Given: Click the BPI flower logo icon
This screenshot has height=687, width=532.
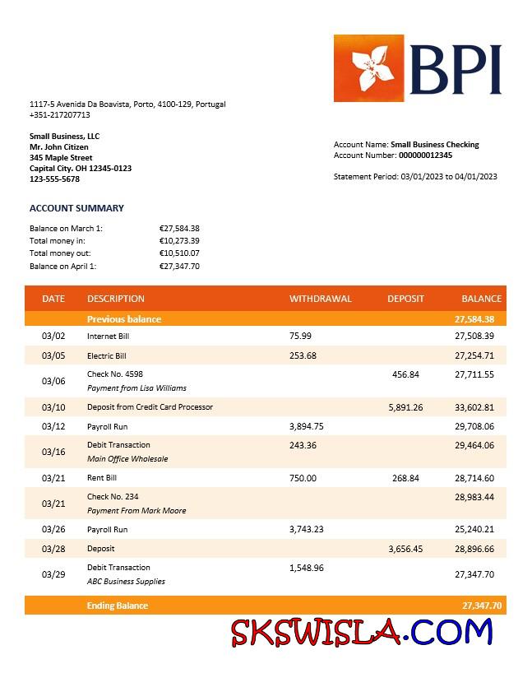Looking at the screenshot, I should tap(368, 68).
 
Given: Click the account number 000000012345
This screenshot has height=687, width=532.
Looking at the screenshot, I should tap(425, 156).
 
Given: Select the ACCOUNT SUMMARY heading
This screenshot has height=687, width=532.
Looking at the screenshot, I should tap(76, 208).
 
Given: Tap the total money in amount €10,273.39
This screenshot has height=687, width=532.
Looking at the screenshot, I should tap(179, 241).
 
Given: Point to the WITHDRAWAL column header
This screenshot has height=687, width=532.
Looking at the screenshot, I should tap(320, 299).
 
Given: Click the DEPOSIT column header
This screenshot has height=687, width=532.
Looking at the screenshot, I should tap(405, 299).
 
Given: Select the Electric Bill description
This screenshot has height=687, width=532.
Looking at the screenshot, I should tap(107, 356).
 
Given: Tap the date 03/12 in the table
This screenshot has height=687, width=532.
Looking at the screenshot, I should tap(53, 427).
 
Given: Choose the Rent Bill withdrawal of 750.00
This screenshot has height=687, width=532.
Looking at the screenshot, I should tap(303, 478).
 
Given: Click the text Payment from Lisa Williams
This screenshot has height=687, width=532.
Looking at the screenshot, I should tap(136, 388).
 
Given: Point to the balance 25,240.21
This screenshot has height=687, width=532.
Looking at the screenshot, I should tap(474, 530).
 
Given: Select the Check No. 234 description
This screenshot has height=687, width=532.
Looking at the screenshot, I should tap(113, 496).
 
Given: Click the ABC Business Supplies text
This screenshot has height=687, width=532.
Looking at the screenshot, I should tap(126, 582).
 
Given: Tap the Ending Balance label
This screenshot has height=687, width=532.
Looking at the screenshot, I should tap(118, 606).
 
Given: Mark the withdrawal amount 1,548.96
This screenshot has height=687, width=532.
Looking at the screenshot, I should tap(307, 568).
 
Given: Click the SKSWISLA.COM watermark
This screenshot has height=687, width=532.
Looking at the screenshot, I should tap(362, 632).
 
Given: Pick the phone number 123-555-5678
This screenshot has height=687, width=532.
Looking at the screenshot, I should tap(54, 179).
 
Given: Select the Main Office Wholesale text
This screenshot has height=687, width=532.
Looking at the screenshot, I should tap(127, 459).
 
